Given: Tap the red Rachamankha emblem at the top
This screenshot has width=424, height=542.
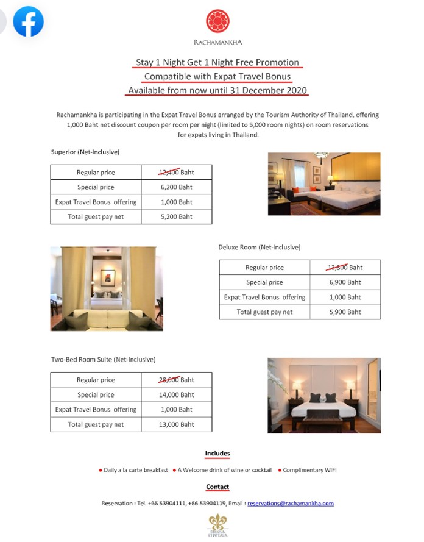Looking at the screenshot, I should click(x=217, y=21).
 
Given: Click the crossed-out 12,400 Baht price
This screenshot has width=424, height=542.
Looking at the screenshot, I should click(x=176, y=173).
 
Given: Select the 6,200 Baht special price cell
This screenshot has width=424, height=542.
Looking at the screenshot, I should click(x=176, y=187).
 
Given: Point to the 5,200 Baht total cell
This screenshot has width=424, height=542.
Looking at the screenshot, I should click(x=176, y=216).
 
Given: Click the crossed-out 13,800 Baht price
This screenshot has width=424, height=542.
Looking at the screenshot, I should click(x=345, y=268).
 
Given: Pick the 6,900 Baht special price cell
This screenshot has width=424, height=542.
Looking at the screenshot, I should click(x=345, y=282).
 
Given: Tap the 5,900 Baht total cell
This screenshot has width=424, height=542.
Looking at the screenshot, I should click(x=345, y=312).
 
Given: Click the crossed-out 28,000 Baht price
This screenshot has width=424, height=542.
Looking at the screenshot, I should click(x=176, y=380).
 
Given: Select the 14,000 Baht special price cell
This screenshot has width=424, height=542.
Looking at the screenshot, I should click(x=176, y=394).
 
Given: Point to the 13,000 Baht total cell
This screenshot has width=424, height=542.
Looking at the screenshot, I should click(x=176, y=424).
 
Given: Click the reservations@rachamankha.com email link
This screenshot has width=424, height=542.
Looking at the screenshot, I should click(x=291, y=503).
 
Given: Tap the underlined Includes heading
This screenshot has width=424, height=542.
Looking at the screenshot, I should click(x=217, y=454).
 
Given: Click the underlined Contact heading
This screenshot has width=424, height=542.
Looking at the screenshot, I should click(x=217, y=487).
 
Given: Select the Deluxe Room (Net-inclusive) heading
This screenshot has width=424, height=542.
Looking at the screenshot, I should click(x=259, y=248).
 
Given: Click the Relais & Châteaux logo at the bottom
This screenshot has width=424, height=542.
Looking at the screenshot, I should click(x=217, y=524).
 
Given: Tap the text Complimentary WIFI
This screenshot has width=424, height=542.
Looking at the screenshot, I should click(x=309, y=470).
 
